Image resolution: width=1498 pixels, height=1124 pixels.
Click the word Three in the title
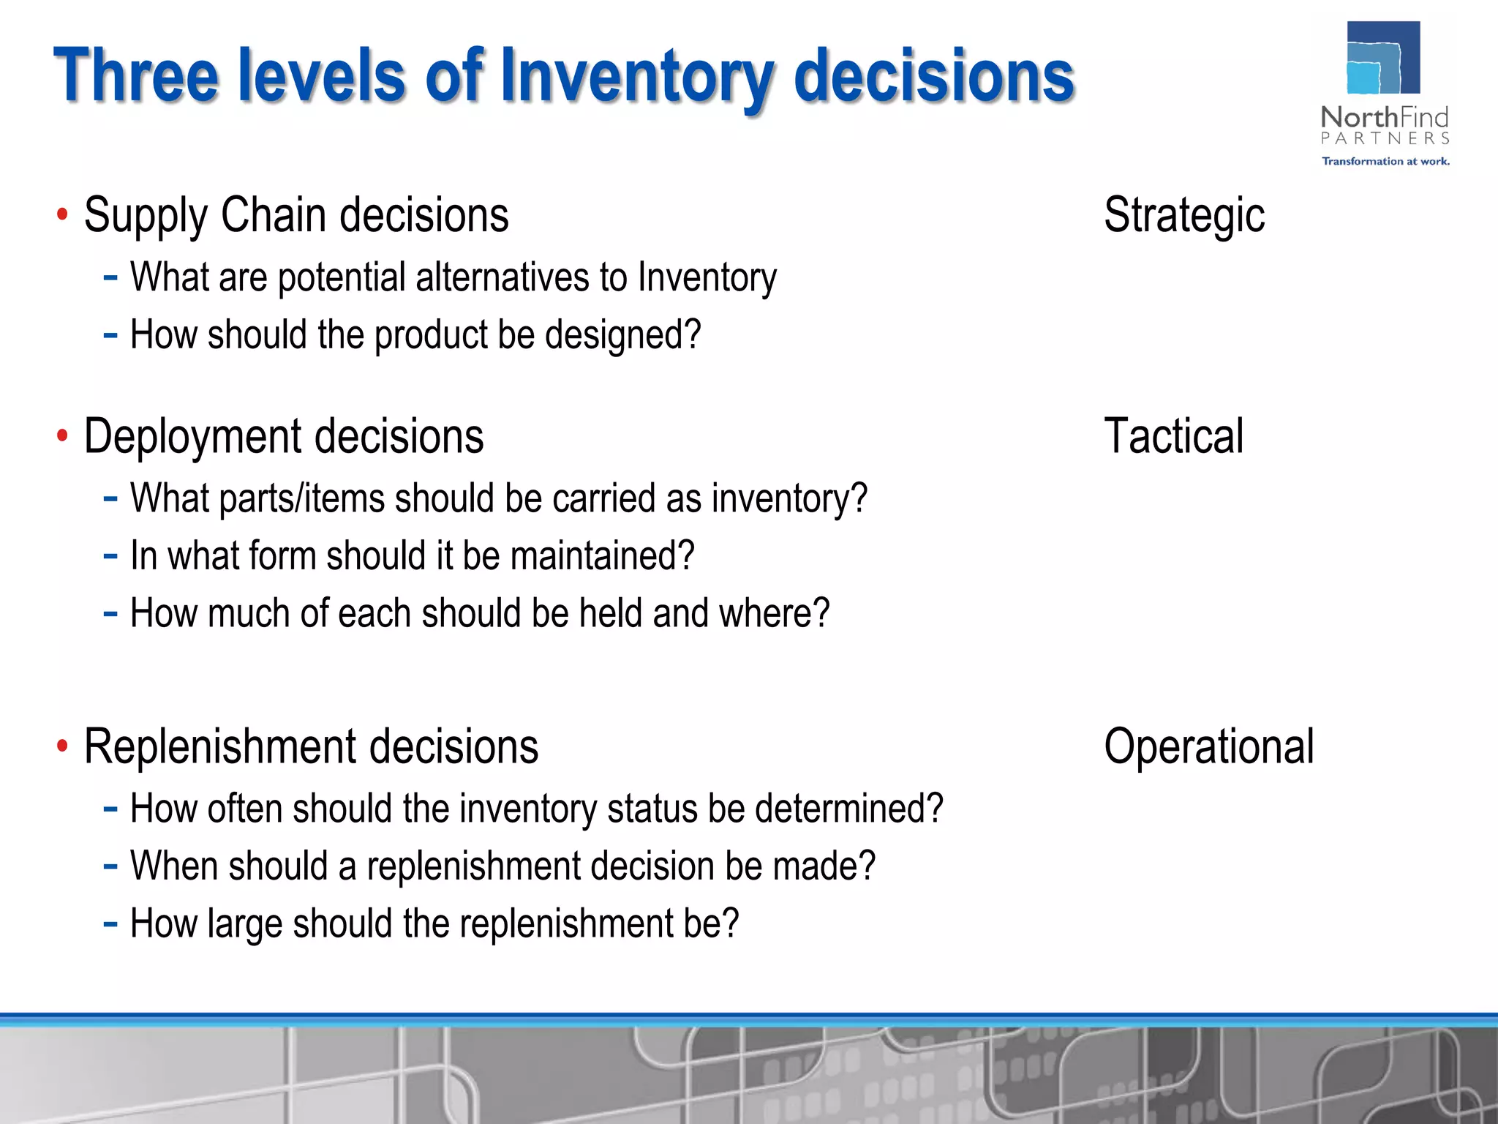point(136,75)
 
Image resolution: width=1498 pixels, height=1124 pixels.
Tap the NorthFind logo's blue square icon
point(1382,58)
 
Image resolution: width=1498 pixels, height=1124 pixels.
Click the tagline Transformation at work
point(1385,161)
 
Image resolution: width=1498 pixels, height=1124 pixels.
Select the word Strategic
point(1183,216)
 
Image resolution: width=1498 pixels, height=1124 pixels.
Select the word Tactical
point(1173,437)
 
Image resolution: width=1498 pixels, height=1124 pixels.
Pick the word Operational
point(1208,747)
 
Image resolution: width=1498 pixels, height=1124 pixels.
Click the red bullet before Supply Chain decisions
point(63,215)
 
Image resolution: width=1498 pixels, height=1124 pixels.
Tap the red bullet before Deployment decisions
point(63,436)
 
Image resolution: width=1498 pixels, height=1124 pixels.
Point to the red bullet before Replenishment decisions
point(63,746)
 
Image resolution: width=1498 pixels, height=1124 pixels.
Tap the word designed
point(622,336)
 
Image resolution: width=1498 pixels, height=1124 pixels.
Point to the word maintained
point(601,556)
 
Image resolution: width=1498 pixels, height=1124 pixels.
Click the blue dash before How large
point(110,923)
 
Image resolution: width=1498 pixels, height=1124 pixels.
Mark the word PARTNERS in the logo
point(1385,138)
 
